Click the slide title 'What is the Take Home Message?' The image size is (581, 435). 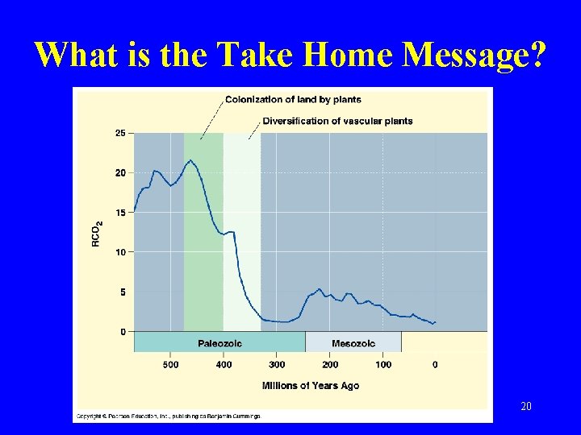pos(290,55)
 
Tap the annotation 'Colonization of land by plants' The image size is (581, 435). pos(292,100)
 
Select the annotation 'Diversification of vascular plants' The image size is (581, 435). pos(337,122)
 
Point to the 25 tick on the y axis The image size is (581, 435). pos(119,133)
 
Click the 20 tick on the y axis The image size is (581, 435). pos(119,172)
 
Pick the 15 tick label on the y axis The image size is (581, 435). pos(119,213)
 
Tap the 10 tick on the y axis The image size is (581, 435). pos(119,252)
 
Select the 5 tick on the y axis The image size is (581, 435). pos(122,292)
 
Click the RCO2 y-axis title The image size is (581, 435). pos(97,234)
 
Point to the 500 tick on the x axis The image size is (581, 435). pos(171,365)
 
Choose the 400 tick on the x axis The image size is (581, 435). pos(224,365)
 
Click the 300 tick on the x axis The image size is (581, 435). pos(277,365)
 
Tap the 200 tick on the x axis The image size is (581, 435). pos(330,365)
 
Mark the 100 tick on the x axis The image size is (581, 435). pos(383,365)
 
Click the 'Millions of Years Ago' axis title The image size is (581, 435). pos(311,386)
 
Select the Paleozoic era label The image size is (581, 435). pos(219,343)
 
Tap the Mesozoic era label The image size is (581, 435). pos(353,343)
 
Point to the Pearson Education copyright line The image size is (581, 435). pos(168,416)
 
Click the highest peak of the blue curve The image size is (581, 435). pos(190,160)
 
